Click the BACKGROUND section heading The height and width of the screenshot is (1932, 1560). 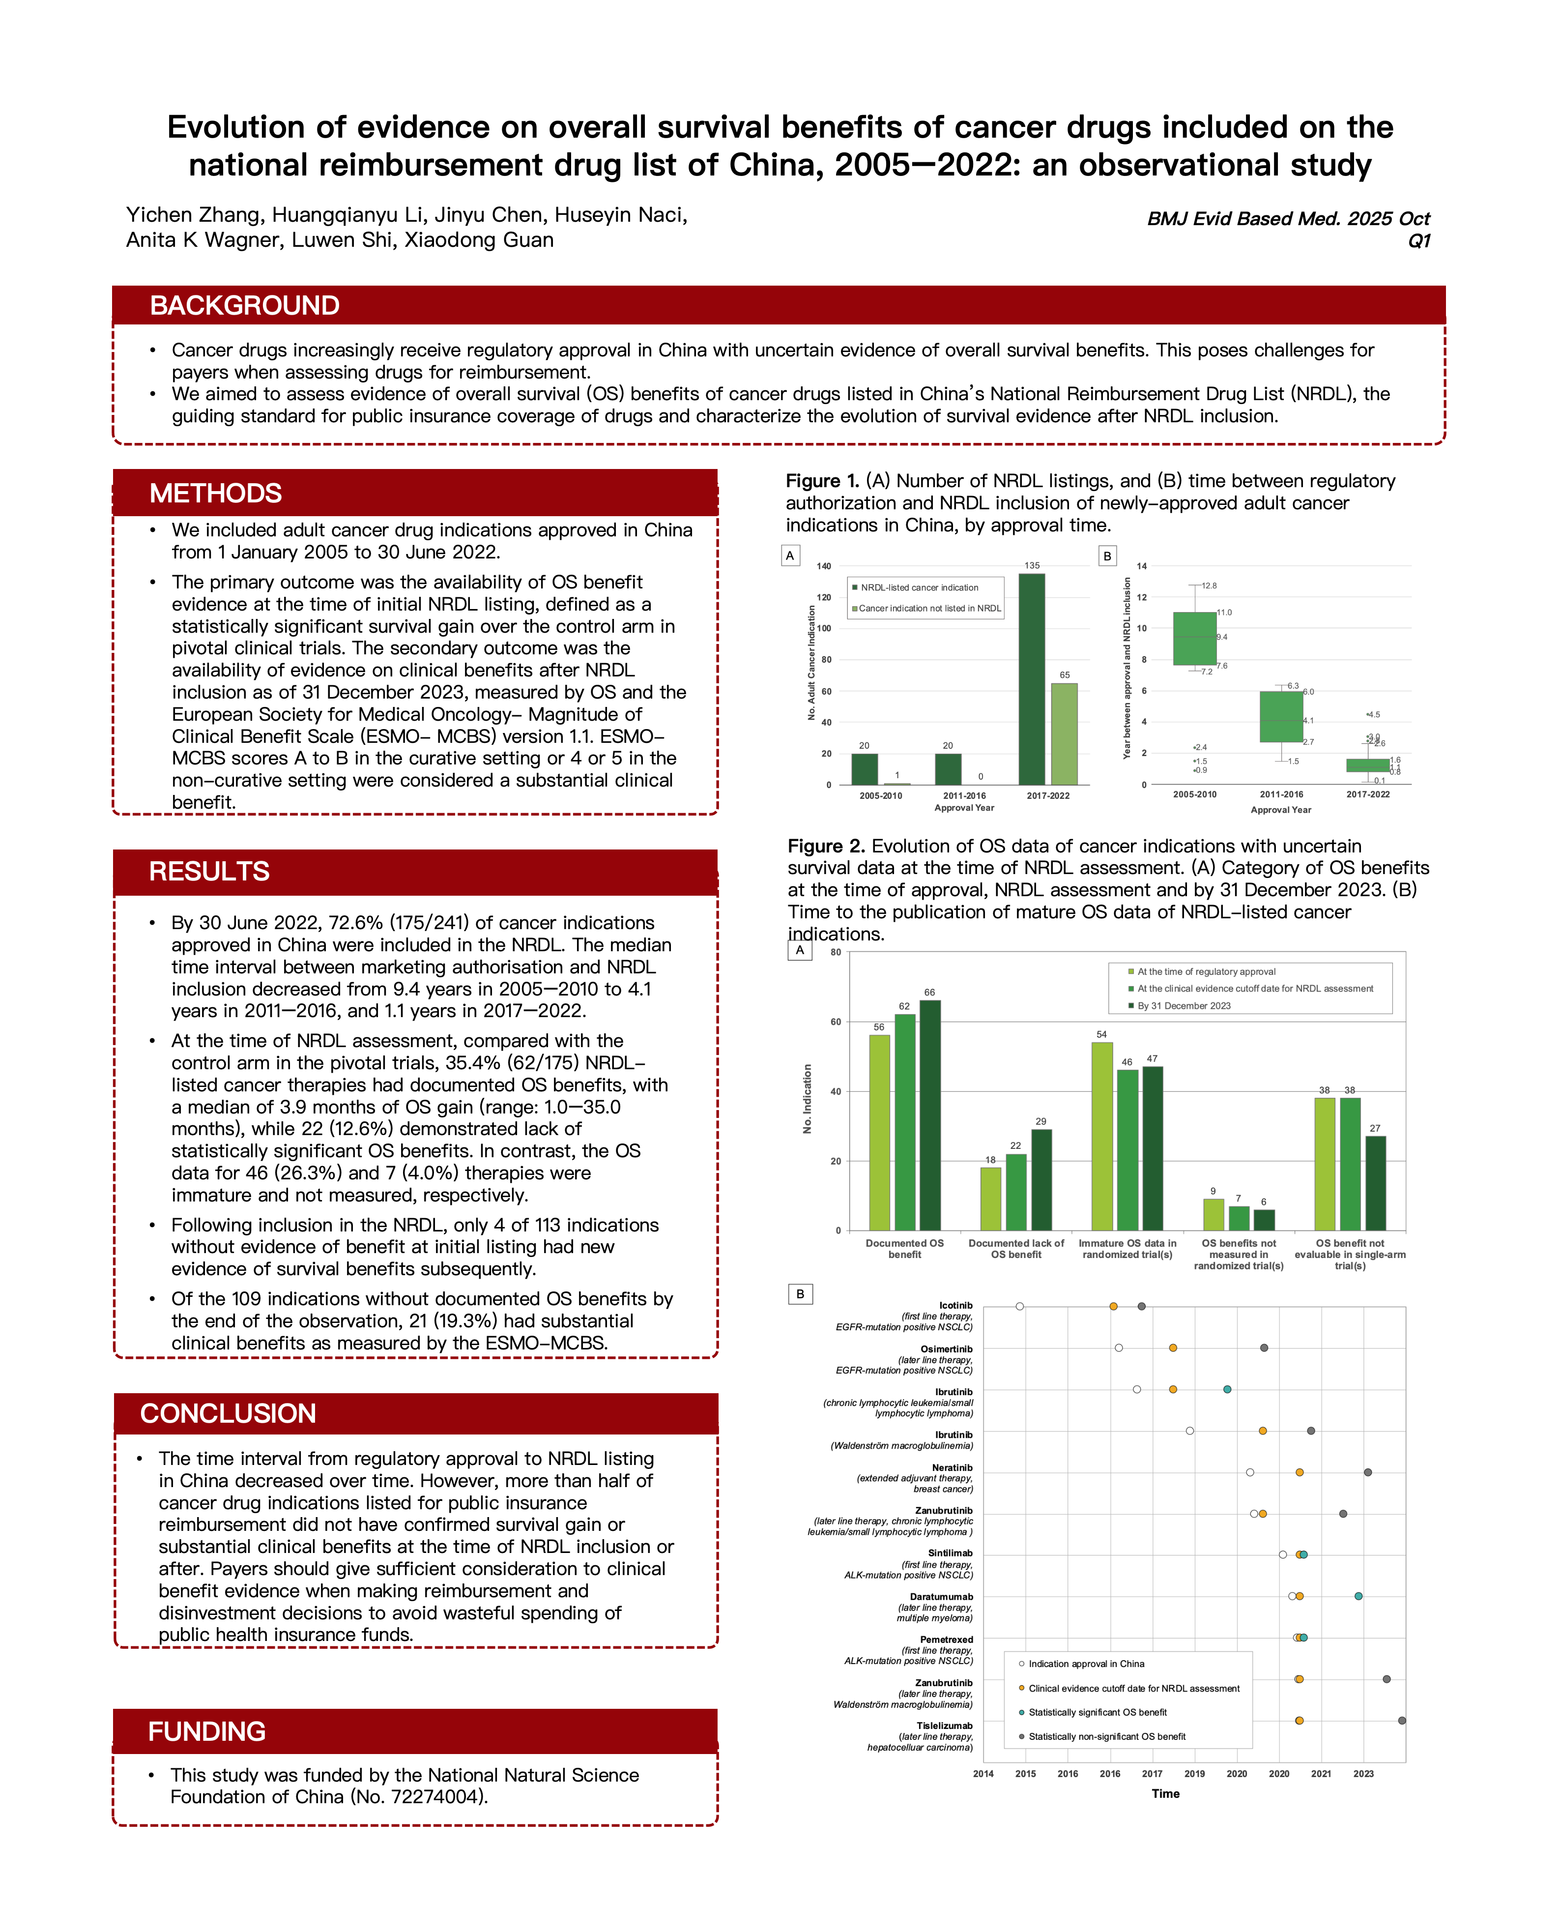(244, 305)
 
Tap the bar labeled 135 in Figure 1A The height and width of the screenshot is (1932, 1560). (1032, 678)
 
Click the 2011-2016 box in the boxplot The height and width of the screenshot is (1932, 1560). (1280, 716)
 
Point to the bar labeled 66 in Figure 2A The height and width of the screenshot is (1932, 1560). (929, 1114)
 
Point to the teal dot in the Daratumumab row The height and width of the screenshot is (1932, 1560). (1358, 1596)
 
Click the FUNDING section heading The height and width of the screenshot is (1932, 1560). (207, 1731)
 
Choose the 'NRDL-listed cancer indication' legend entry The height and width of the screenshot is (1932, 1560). (919, 587)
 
